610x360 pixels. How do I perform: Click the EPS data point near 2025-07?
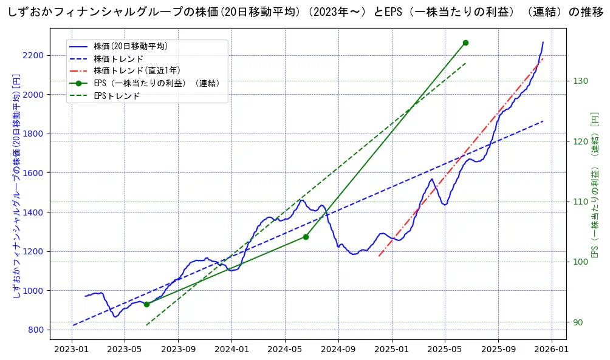click(465, 42)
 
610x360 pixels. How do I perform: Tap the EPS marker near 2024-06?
click(306, 237)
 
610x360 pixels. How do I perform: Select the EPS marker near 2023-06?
click(146, 304)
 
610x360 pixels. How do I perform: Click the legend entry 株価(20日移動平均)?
click(131, 46)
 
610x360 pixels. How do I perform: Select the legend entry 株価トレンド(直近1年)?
click(137, 70)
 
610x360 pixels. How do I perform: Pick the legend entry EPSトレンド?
click(117, 95)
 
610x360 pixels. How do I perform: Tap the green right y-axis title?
click(595, 185)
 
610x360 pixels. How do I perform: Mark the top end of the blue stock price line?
click(543, 42)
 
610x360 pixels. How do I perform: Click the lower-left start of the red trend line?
click(379, 256)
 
